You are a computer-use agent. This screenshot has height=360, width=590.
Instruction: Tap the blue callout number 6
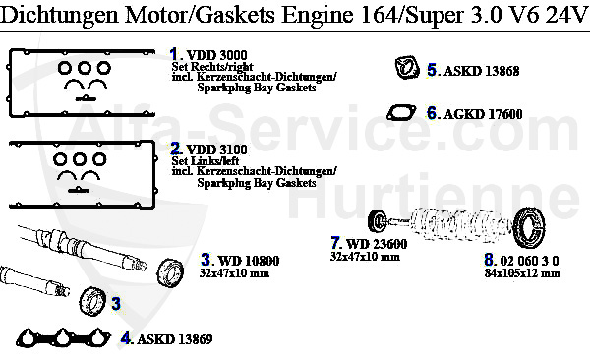(x=432, y=113)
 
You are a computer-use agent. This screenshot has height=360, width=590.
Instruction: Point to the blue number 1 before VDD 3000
(x=174, y=53)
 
